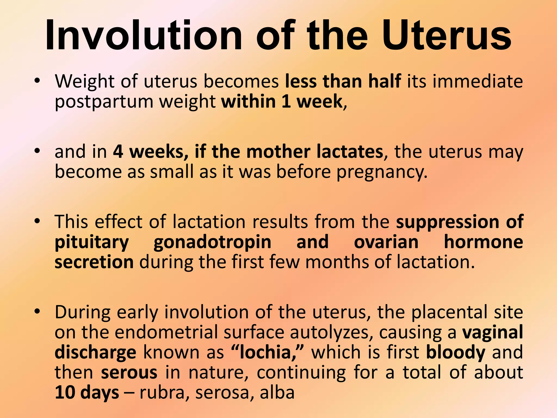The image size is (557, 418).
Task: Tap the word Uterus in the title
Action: coord(446,35)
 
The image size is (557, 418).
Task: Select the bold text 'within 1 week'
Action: coord(281,101)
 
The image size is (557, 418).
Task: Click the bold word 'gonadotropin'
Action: coord(212,242)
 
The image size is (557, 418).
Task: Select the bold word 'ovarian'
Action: coord(386,242)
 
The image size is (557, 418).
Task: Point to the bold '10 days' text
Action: coord(87,392)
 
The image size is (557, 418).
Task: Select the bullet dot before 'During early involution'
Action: coord(37,311)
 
